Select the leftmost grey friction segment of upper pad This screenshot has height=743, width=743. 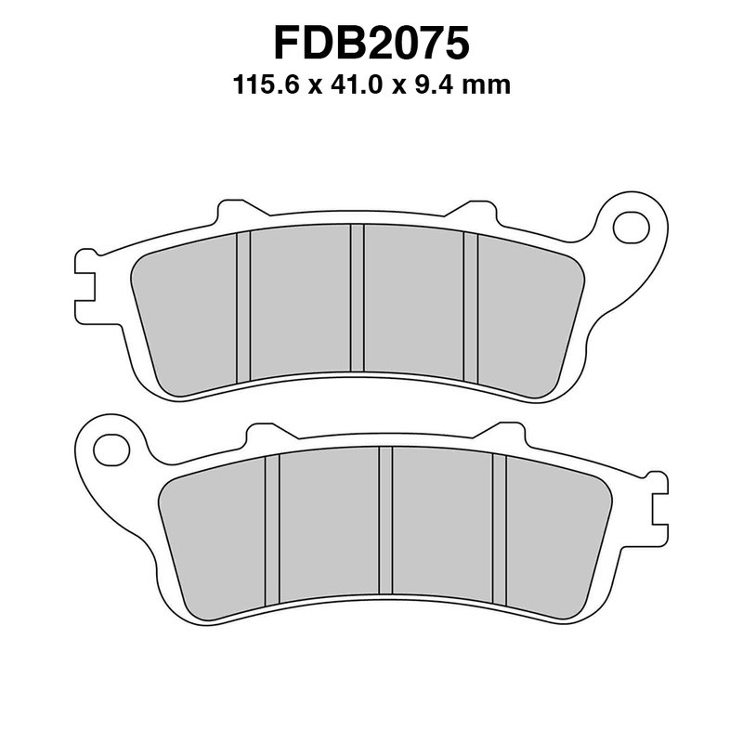coord(187,311)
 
